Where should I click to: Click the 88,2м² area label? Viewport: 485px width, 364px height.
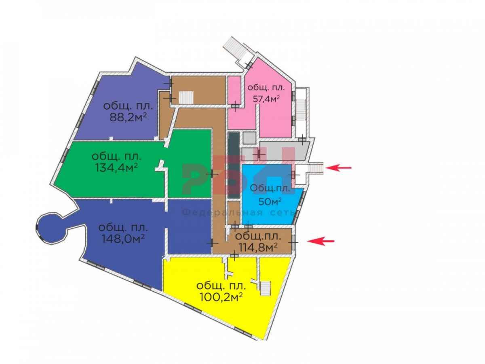128,117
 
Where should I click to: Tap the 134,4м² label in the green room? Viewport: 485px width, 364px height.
116,168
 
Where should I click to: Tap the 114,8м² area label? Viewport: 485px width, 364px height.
258,247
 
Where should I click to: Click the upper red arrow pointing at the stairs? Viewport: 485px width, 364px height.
338,168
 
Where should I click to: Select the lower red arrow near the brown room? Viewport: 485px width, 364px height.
321,241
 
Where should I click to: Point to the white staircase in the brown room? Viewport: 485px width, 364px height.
186,98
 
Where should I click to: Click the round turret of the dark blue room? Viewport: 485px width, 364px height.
51,228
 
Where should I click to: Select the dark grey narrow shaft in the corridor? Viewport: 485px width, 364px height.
233,165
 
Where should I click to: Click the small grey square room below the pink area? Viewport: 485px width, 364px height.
249,138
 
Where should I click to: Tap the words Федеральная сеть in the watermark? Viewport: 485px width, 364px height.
238,213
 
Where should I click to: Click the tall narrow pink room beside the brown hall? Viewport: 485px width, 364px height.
234,89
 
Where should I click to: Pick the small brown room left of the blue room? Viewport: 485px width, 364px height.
234,212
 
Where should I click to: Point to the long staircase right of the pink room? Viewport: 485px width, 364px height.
300,110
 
